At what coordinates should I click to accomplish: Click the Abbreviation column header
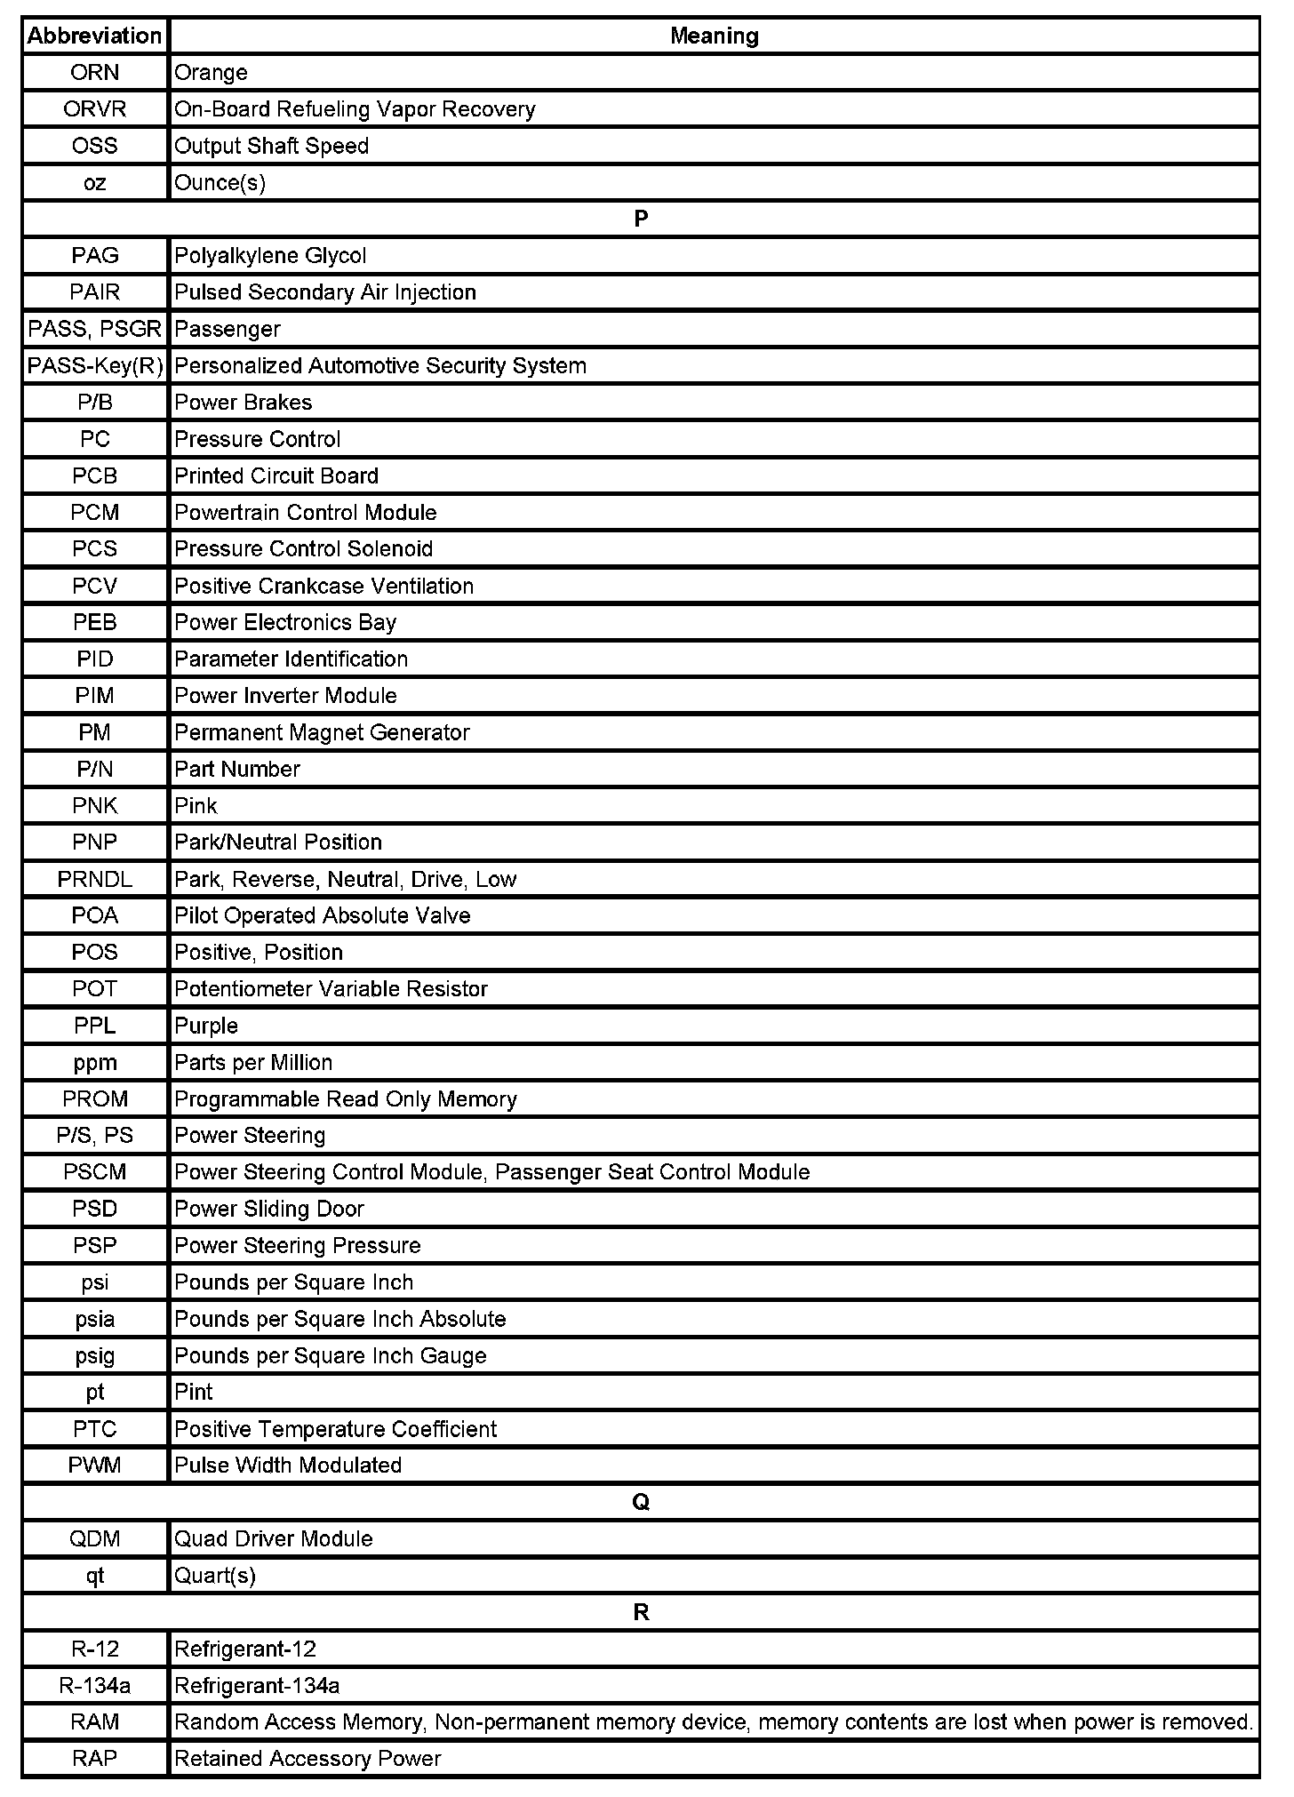click(95, 36)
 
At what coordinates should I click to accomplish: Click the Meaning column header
click(714, 36)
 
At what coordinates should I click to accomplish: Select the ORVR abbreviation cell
click(95, 109)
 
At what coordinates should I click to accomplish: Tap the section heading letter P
click(641, 219)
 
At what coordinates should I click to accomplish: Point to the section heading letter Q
click(641, 1502)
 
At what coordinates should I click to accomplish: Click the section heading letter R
click(641, 1612)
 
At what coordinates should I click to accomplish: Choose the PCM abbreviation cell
click(95, 513)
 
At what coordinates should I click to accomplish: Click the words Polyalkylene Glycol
click(270, 256)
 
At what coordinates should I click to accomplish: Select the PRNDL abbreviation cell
click(95, 880)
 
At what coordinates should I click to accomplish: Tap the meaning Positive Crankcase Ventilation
click(323, 587)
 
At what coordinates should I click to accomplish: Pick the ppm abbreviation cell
click(95, 1063)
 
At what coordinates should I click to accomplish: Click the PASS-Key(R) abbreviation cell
click(95, 366)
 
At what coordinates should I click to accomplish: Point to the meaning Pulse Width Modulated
click(288, 1466)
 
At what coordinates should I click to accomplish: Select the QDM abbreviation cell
click(95, 1539)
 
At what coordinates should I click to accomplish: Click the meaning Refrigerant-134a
click(257, 1686)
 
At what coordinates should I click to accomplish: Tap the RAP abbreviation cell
click(95, 1759)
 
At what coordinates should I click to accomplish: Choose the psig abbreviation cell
click(95, 1356)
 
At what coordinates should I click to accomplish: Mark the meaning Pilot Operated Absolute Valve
click(322, 916)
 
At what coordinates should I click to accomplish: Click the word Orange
click(211, 73)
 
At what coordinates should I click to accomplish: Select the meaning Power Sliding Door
click(269, 1210)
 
